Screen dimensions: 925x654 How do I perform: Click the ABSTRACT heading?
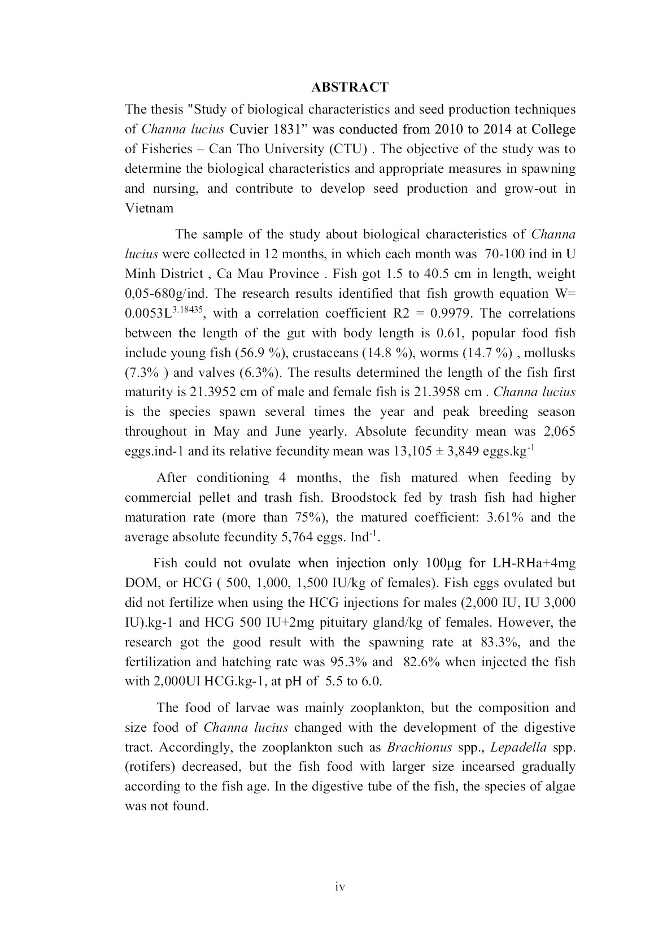tap(350, 87)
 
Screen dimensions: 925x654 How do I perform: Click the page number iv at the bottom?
tap(340, 887)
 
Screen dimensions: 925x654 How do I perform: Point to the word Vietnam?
tap(149, 208)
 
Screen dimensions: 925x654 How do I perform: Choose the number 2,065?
tap(557, 432)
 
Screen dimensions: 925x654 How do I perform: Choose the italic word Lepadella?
tap(518, 747)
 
